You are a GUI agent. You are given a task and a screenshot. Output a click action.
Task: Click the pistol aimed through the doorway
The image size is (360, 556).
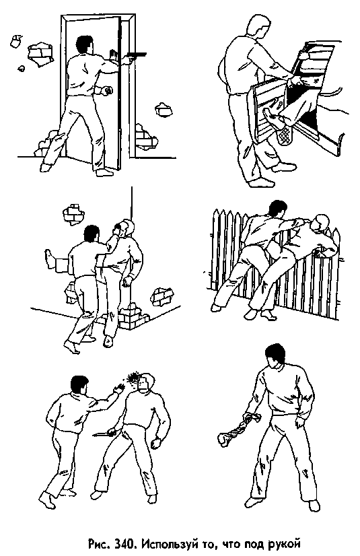click(136, 55)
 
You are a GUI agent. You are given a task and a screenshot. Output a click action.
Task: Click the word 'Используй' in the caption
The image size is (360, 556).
click(164, 544)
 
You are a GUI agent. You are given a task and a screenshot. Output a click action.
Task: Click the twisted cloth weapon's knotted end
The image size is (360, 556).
click(224, 440)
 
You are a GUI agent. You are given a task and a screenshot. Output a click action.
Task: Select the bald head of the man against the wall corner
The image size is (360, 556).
click(124, 228)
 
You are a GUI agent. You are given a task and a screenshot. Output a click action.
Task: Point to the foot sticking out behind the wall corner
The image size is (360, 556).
click(50, 259)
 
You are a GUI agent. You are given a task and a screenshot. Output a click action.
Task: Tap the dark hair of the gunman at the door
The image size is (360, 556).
click(85, 44)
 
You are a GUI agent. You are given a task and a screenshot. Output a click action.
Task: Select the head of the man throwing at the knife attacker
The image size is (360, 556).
click(79, 386)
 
